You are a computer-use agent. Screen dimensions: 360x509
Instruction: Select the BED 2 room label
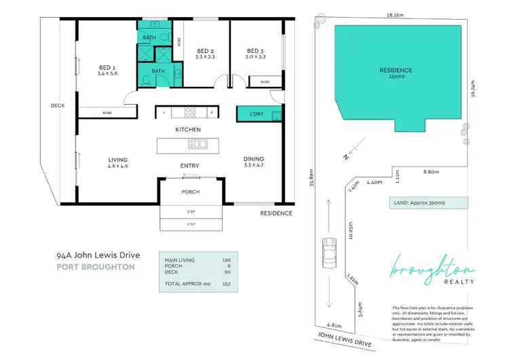pyautogui.click(x=206, y=51)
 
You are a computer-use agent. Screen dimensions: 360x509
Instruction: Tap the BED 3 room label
pyautogui.click(x=254, y=51)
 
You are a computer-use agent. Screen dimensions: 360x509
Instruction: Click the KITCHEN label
pyautogui.click(x=188, y=129)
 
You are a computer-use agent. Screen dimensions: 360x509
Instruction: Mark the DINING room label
pyautogui.click(x=254, y=160)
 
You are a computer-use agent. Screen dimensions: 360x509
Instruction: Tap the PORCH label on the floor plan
pyautogui.click(x=190, y=192)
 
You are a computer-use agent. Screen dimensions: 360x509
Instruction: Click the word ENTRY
pyautogui.click(x=189, y=165)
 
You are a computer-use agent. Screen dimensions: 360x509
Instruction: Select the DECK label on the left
pyautogui.click(x=57, y=105)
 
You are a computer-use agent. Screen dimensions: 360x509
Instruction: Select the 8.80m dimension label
pyautogui.click(x=426, y=173)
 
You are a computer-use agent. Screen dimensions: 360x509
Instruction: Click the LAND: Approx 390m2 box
pyautogui.click(x=429, y=202)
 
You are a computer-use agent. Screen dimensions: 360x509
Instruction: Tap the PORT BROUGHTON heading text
pyautogui.click(x=96, y=267)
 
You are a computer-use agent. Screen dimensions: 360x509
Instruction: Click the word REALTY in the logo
pyautogui.click(x=460, y=281)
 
